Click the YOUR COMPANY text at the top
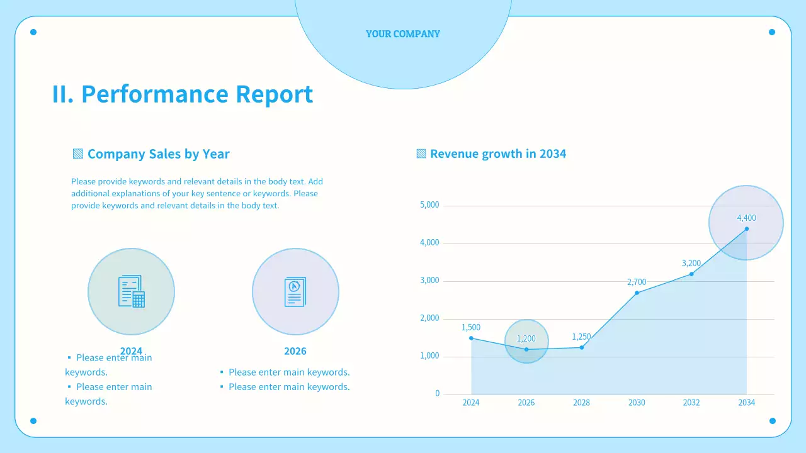(403, 34)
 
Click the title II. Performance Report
(182, 94)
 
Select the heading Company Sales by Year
(158, 154)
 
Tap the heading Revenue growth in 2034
(497, 154)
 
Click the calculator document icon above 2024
(131, 291)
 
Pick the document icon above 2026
(295, 291)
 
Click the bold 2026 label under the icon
(295, 351)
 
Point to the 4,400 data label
(746, 218)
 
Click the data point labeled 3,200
(691, 274)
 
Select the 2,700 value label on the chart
(637, 282)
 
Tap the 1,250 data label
(581, 337)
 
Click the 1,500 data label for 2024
(471, 327)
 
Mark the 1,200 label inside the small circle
(526, 338)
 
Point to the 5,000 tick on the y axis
(429, 205)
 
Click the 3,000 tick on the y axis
(429, 281)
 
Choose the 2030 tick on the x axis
(637, 403)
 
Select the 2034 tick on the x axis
(746, 403)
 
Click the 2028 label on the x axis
(581, 403)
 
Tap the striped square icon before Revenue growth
(421, 154)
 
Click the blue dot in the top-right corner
(772, 32)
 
